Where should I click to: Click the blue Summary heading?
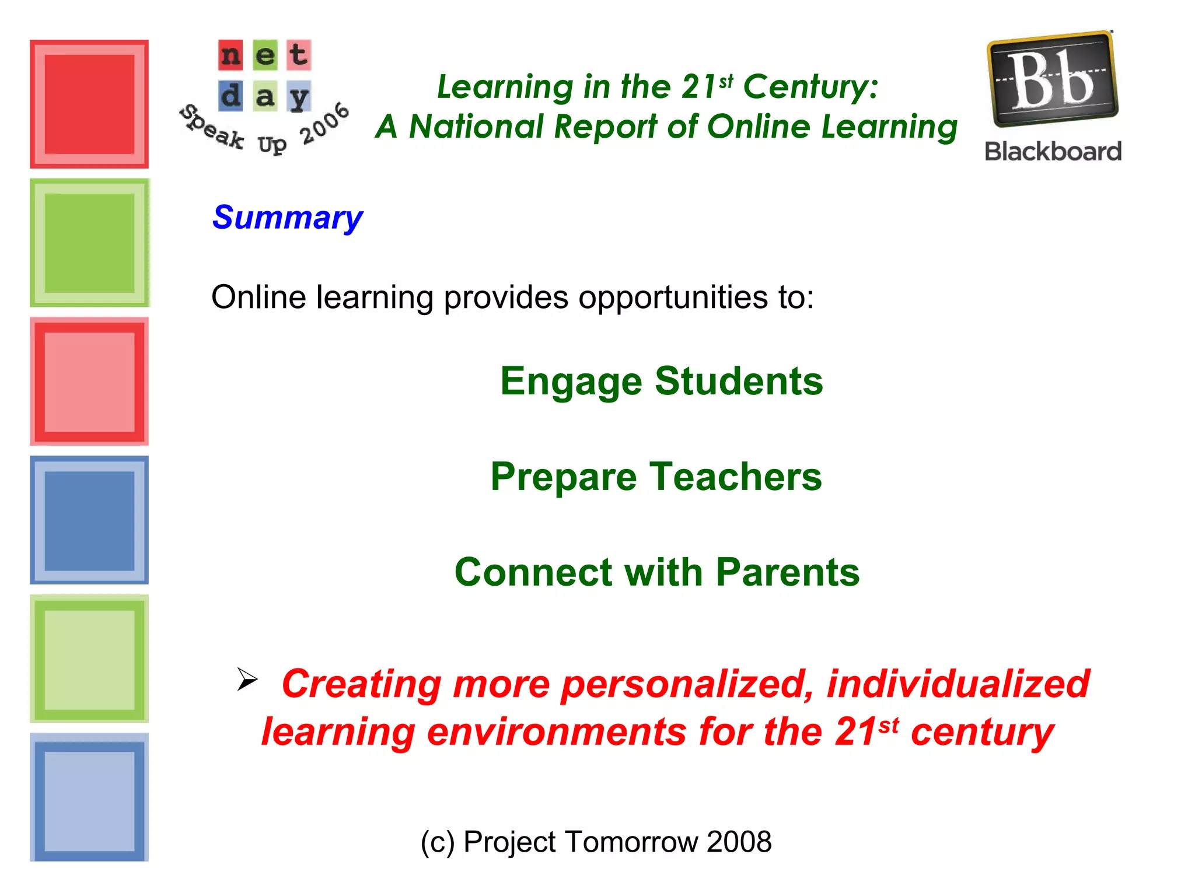click(287, 218)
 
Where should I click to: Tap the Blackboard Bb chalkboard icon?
click(1052, 79)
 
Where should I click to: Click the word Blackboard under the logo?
click(1053, 152)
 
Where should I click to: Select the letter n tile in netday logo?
click(230, 55)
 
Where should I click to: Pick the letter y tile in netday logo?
click(299, 96)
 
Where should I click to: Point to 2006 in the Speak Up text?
click(324, 124)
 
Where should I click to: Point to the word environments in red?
click(557, 732)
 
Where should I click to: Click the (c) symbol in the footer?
click(437, 842)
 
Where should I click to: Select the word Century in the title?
click(810, 87)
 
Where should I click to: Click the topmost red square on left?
click(89, 104)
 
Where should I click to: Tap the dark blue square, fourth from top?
click(89, 520)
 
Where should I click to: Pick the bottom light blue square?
click(89, 797)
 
